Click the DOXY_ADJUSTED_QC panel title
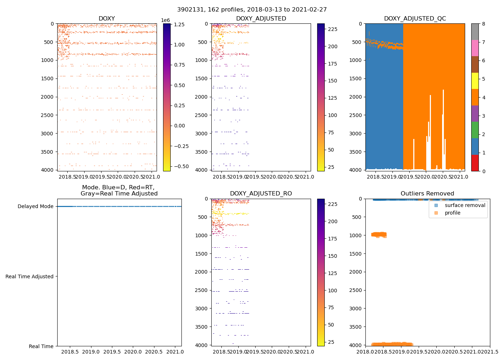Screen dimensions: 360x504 pyautogui.click(x=415, y=18)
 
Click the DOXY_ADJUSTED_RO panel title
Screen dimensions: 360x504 pyautogui.click(x=261, y=193)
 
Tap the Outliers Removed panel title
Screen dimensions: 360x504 pyautogui.click(x=427, y=193)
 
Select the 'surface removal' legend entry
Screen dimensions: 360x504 pyautogui.click(x=465, y=205)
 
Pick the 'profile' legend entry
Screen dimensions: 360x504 pyautogui.click(x=453, y=213)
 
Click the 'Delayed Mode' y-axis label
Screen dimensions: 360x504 pyautogui.click(x=35, y=206)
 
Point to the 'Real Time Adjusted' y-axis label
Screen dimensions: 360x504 pyautogui.click(x=29, y=276)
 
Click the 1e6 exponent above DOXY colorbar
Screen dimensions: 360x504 pyautogui.click(x=165, y=20)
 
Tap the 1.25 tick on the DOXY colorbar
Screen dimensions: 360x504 pyautogui.click(x=179, y=24)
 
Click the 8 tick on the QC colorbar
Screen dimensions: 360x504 pyautogui.click(x=483, y=24)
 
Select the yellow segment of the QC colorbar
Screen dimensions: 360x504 pyautogui.click(x=475, y=81)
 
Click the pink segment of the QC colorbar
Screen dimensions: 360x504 pyautogui.click(x=475, y=48)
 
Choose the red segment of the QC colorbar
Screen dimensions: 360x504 pyautogui.click(x=475, y=163)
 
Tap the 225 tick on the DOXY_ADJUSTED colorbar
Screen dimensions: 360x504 pyautogui.click(x=333, y=29)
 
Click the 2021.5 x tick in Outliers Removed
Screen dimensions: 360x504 pyautogui.click(x=490, y=351)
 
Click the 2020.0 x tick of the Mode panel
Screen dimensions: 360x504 pyautogui.click(x=133, y=351)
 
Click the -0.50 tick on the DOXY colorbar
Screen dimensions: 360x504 pyautogui.click(x=181, y=166)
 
